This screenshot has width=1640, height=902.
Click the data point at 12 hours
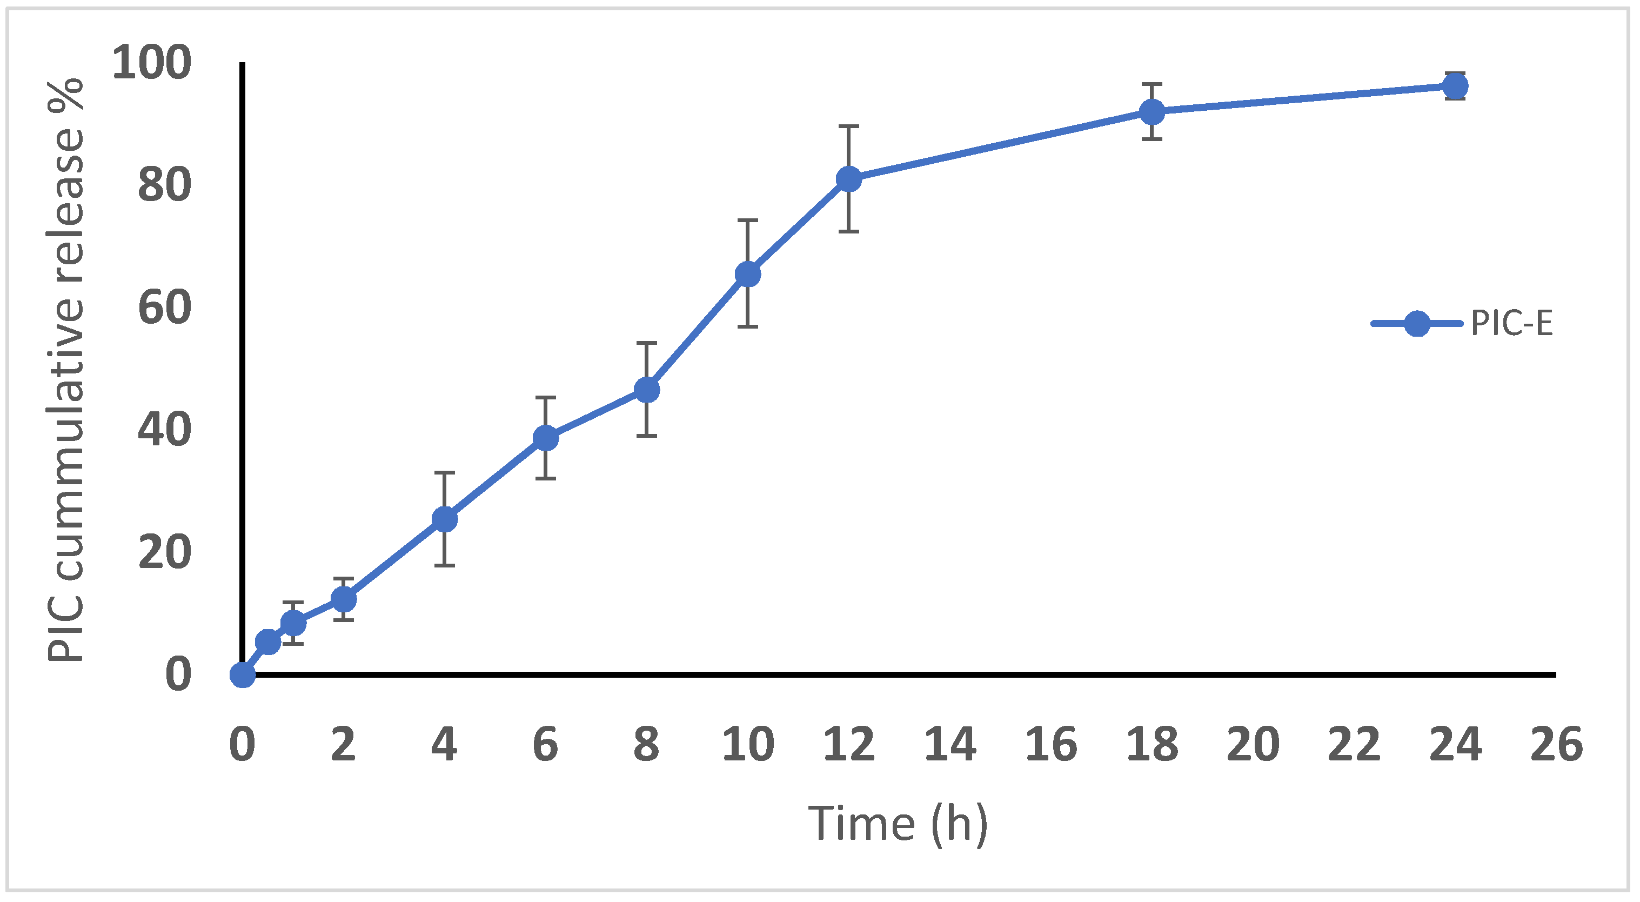849,179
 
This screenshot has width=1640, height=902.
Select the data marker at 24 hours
1455,86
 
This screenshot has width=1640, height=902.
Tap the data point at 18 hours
1153,112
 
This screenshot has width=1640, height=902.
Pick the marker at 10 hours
747,275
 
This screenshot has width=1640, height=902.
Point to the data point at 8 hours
647,390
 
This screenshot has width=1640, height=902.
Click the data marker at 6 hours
546,438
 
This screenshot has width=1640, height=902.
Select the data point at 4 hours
444,519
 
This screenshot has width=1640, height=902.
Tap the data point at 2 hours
343,599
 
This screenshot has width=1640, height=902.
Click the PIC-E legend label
1511,324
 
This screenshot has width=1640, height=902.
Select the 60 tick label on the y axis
164,308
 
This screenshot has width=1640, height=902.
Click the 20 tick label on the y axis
164,552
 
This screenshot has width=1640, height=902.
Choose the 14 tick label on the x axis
950,744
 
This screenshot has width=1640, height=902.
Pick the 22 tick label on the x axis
1354,744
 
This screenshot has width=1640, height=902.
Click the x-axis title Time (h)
898,824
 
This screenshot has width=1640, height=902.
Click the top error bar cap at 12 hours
849,126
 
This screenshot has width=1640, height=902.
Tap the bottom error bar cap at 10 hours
747,326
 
